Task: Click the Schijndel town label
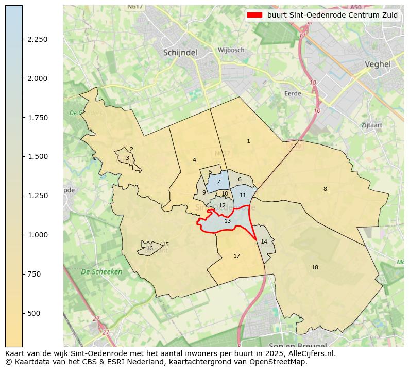pyautogui.click(x=180, y=52)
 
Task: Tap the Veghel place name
pyautogui.click(x=377, y=64)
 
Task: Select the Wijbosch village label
pyautogui.click(x=231, y=50)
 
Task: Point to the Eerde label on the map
pyautogui.click(x=293, y=93)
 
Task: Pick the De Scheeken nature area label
pyautogui.click(x=101, y=271)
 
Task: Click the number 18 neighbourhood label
pyautogui.click(x=315, y=267)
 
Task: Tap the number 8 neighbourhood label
pyautogui.click(x=325, y=189)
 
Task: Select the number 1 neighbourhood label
pyautogui.click(x=248, y=141)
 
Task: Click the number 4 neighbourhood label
pyautogui.click(x=194, y=160)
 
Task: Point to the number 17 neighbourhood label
pyautogui.click(x=236, y=256)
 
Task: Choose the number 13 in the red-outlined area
pyautogui.click(x=227, y=221)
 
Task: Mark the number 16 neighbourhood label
pyautogui.click(x=149, y=248)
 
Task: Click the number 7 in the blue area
pyautogui.click(x=218, y=182)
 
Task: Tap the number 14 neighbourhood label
pyautogui.click(x=264, y=241)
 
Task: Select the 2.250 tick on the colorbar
pyautogui.click(x=37, y=39)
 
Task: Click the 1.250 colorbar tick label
pyautogui.click(x=37, y=196)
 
